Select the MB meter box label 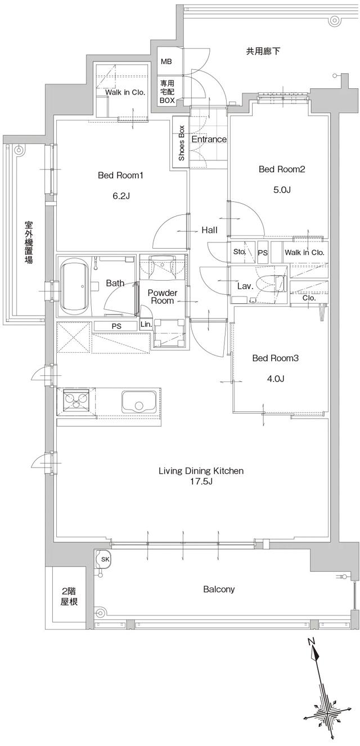[x=167, y=61]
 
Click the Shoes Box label [x=181, y=143]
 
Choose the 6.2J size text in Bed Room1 [x=121, y=196]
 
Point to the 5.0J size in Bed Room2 [x=281, y=190]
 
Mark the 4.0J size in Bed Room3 [x=275, y=379]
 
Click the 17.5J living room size [x=200, y=482]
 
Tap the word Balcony [x=219, y=590]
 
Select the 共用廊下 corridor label [x=263, y=51]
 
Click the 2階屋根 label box [x=69, y=596]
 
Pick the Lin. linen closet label [x=145, y=325]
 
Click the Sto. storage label [x=240, y=252]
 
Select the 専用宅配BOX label [x=167, y=91]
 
